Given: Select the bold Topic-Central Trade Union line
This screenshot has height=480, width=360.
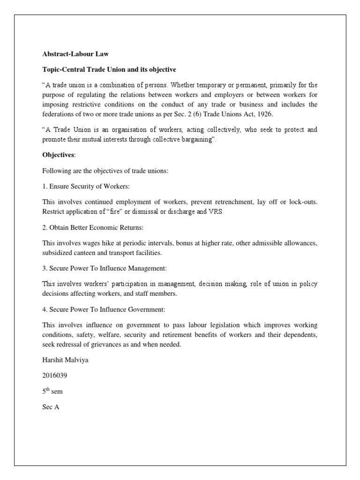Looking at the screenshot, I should (x=109, y=69).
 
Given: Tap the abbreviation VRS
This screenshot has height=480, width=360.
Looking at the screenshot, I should (x=217, y=211).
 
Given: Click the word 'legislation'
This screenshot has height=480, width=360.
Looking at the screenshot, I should (x=226, y=324).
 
